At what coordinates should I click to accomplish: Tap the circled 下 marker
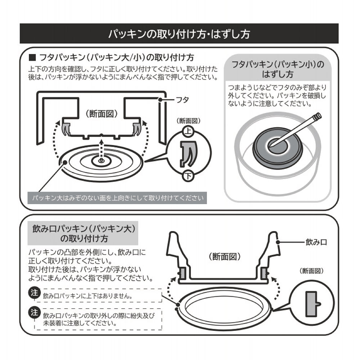coord(188,176)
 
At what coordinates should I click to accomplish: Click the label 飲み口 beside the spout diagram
coord(316,242)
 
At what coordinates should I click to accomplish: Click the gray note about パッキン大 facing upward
coord(117,198)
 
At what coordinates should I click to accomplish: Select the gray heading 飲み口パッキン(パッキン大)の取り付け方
coord(83,233)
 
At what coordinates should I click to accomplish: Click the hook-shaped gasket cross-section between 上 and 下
coord(188,153)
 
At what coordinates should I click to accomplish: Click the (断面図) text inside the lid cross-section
coord(102,114)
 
